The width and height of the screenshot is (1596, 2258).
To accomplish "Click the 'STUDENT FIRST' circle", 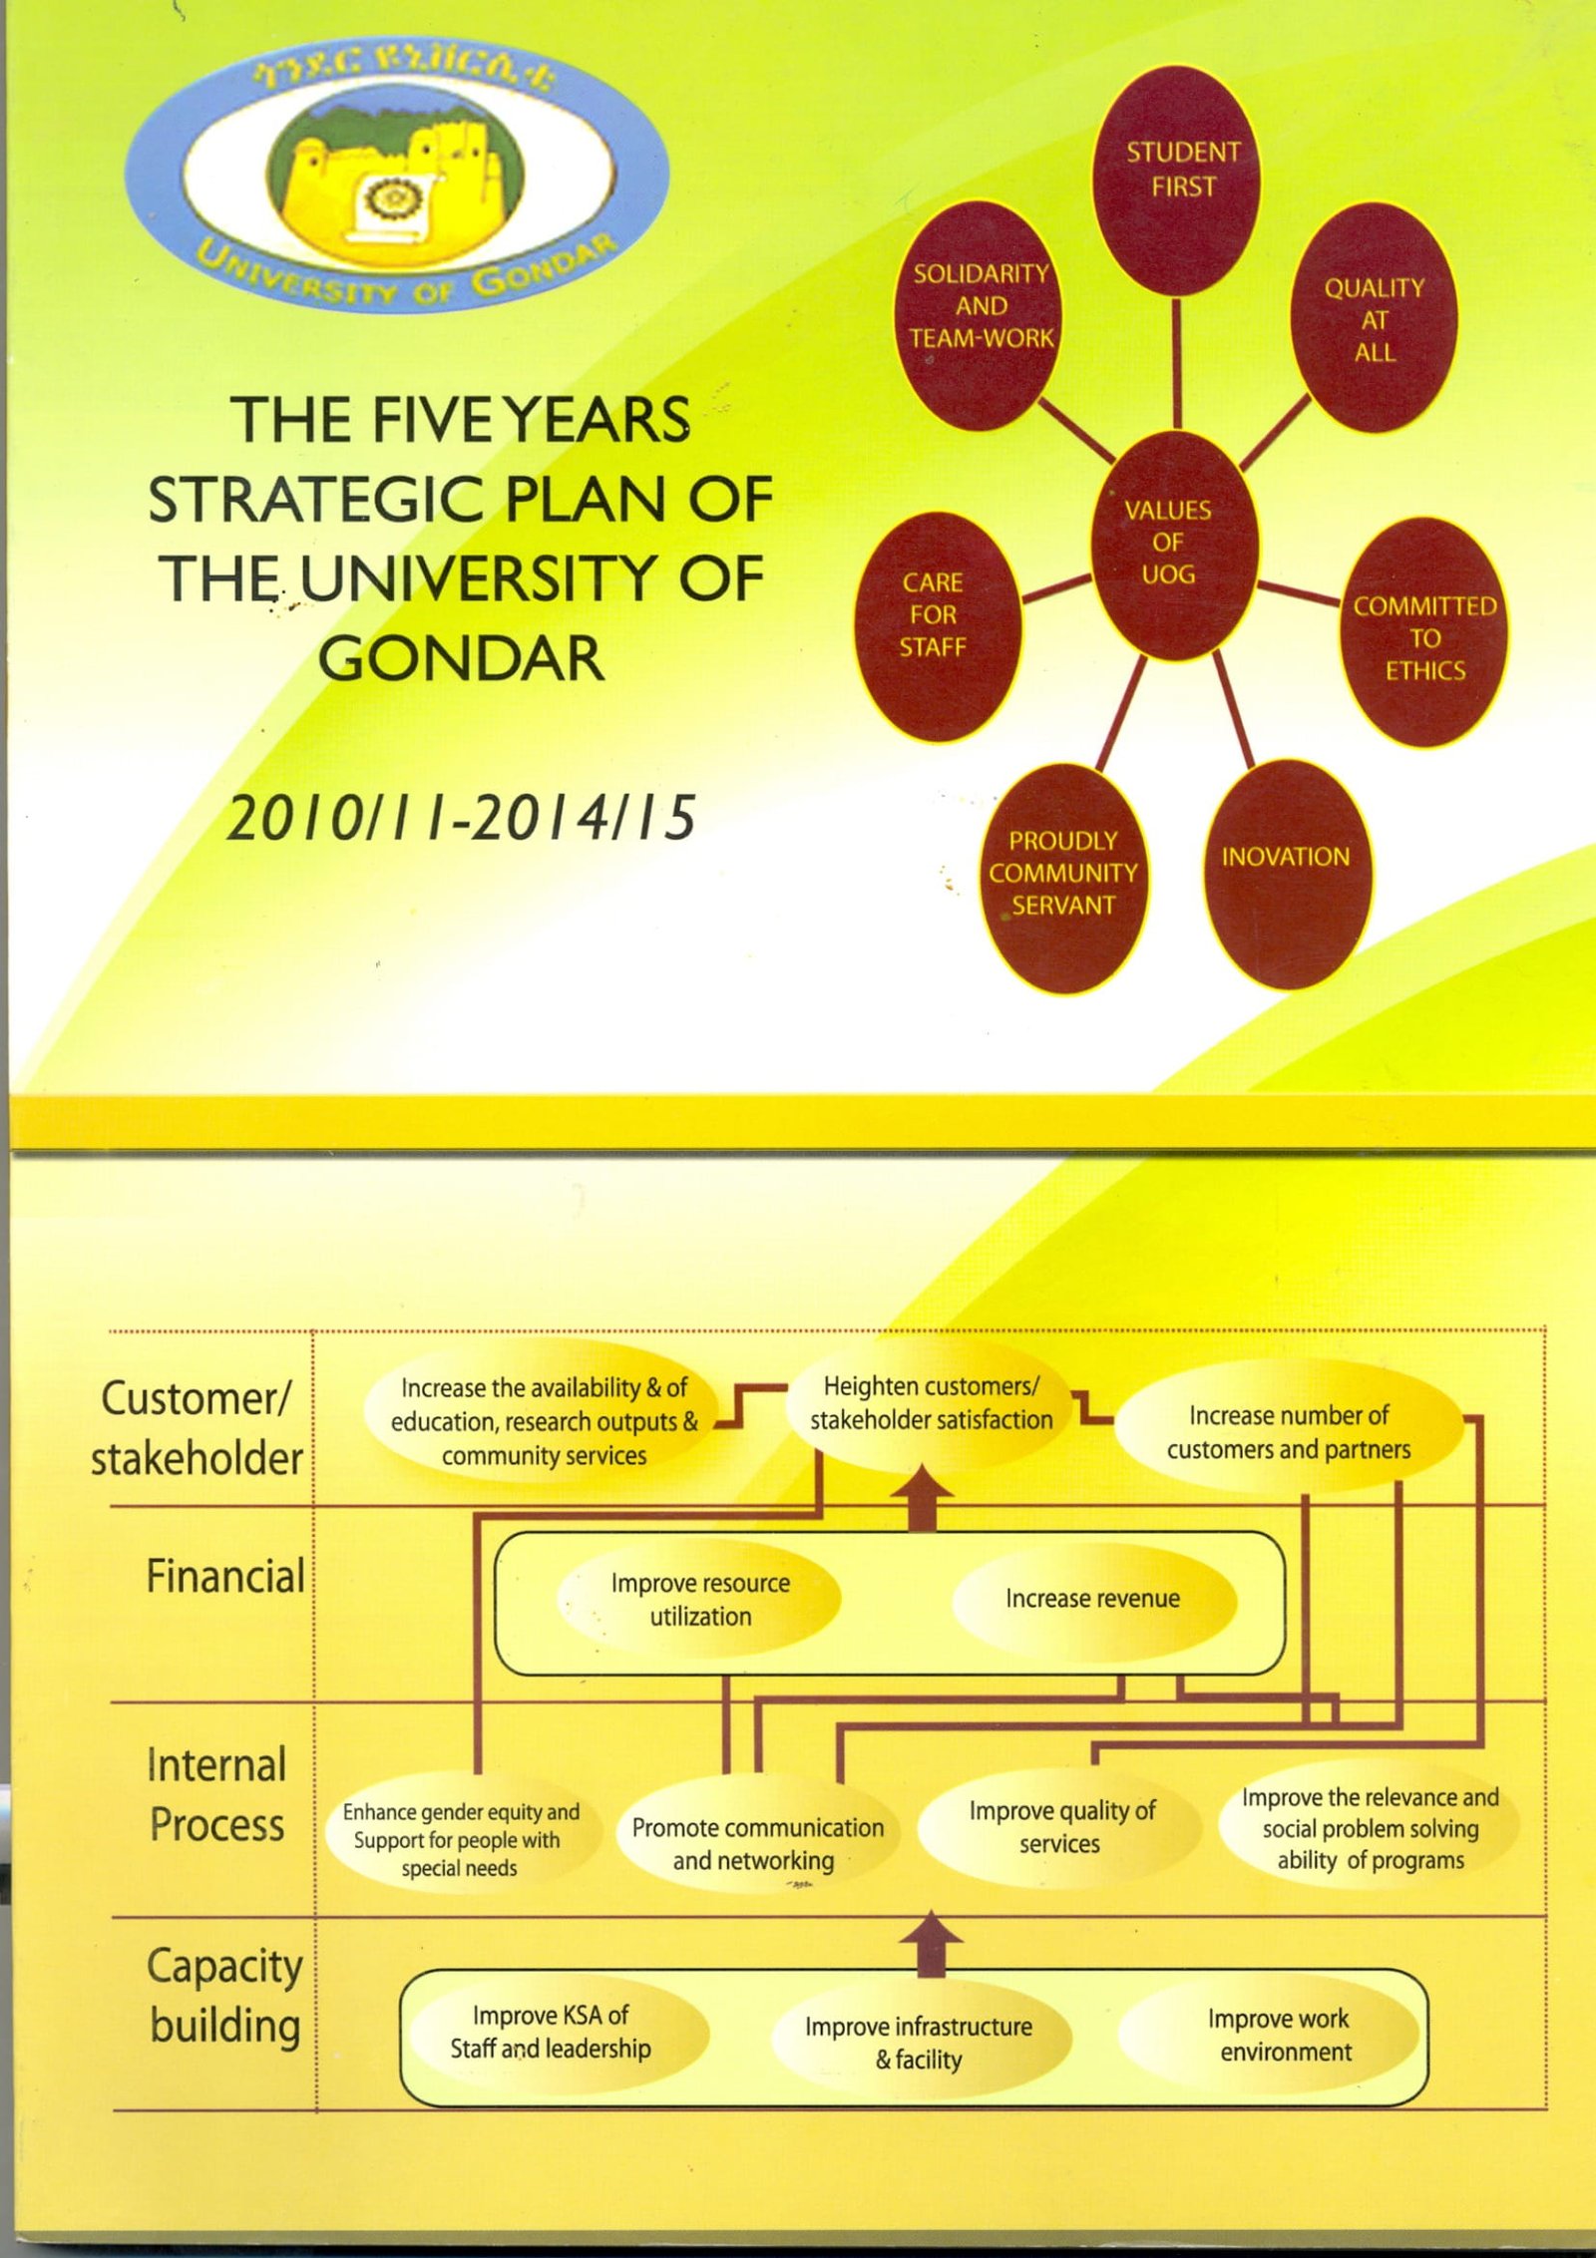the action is (1177, 181).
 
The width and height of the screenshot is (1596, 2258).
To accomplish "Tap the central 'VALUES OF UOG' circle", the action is (1175, 546).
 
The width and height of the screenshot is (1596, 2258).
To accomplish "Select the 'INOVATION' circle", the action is (1288, 875).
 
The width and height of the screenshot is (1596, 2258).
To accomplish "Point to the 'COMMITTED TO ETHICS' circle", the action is (1423, 632).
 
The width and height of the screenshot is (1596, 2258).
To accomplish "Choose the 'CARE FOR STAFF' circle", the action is (939, 627).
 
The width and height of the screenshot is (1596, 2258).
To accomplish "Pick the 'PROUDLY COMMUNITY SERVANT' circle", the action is (1064, 879).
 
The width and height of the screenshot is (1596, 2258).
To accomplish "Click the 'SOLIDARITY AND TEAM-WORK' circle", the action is (979, 316).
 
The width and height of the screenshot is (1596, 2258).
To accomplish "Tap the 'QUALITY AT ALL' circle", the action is (1374, 318).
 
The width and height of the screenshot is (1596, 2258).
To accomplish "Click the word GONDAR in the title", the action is (462, 658).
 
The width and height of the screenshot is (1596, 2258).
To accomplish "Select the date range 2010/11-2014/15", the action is (461, 818).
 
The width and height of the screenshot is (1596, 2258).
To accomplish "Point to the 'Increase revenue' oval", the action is (1094, 1599).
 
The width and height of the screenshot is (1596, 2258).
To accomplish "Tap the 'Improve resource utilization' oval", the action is (699, 1600).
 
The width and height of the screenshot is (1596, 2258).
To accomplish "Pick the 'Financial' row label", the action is (225, 1577).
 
